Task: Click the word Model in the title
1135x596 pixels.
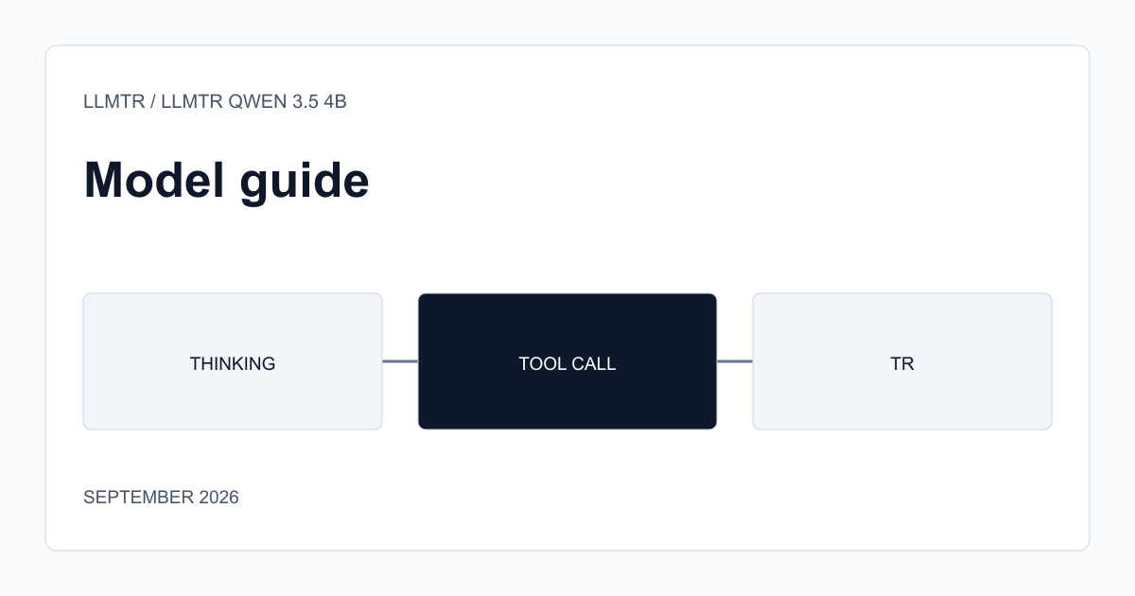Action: pyautogui.click(x=154, y=180)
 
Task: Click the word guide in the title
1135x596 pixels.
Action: pyautogui.click(x=304, y=184)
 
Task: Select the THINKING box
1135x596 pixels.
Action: pyautogui.click(x=233, y=361)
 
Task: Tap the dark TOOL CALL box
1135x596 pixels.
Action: pyautogui.click(x=567, y=361)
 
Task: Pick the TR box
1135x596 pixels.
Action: pyautogui.click(x=902, y=361)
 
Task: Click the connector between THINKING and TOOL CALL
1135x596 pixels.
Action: pyautogui.click(x=400, y=361)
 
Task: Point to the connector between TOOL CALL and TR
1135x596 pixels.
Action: pyautogui.click(x=735, y=361)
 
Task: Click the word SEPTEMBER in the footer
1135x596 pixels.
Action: pyautogui.click(x=138, y=498)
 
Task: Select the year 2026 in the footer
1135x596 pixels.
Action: pyautogui.click(x=218, y=498)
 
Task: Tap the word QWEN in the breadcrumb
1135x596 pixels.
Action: pyautogui.click(x=257, y=101)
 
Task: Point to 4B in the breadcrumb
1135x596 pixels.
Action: pyautogui.click(x=336, y=101)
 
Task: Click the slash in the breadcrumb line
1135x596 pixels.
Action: pyautogui.click(x=153, y=101)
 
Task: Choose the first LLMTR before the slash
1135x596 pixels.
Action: pyautogui.click(x=114, y=101)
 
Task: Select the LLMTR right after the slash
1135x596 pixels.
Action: pyautogui.click(x=192, y=101)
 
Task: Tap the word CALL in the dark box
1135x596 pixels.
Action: pyautogui.click(x=594, y=364)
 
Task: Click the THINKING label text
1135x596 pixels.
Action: pyautogui.click(x=233, y=364)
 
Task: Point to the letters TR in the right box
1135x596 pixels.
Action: pyautogui.click(x=902, y=364)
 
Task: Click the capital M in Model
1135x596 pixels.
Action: pyautogui.click(x=103, y=180)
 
